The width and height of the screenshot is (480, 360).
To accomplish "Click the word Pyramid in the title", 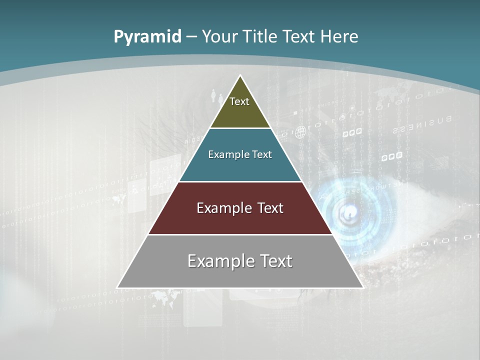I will click(147, 36).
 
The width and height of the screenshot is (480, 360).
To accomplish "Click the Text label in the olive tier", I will click(239, 101).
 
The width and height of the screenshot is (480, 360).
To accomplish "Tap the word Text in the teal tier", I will click(262, 154).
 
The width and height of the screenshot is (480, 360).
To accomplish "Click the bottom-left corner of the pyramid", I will click(118, 287).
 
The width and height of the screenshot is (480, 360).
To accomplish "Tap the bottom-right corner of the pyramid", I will click(362, 287).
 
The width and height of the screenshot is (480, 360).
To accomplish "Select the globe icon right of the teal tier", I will click(300, 132).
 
